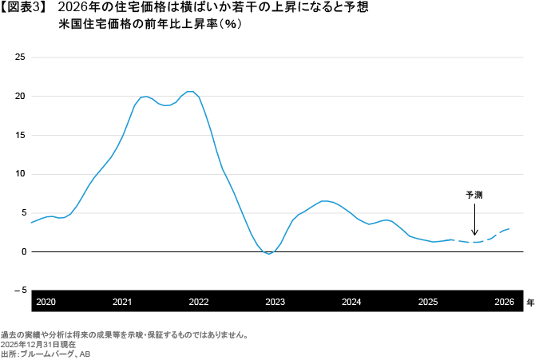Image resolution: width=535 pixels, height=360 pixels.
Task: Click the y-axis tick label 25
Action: pyautogui.click(x=21, y=57)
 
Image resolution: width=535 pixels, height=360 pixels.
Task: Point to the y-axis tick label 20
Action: pyautogui.click(x=21, y=96)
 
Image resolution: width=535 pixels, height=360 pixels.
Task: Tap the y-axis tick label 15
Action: pyautogui.click(x=21, y=135)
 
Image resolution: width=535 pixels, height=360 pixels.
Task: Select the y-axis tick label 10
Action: pyautogui.click(x=21, y=174)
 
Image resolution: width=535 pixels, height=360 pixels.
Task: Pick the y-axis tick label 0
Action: pyautogui.click(x=23, y=251)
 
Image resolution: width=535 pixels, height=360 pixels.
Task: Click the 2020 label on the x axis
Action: pyautogui.click(x=46, y=302)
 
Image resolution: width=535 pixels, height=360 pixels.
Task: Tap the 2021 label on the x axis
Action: pyautogui.click(x=122, y=302)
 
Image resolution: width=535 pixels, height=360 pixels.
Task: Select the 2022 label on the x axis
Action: pyautogui.click(x=199, y=302)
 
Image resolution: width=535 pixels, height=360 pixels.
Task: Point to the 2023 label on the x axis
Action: pyautogui.click(x=275, y=302)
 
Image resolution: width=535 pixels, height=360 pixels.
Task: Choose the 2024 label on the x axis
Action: pyautogui.click(x=351, y=302)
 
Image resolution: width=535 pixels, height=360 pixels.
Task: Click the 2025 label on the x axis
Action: pyautogui.click(x=427, y=302)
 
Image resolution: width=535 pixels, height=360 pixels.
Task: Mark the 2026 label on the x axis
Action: pyautogui.click(x=504, y=302)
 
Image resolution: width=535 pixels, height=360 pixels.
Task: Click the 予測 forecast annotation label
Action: pyautogui.click(x=474, y=195)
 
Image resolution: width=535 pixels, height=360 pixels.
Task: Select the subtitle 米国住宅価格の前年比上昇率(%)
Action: pyautogui.click(x=150, y=25)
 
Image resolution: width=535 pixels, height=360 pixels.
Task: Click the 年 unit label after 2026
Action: pyautogui.click(x=529, y=303)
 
